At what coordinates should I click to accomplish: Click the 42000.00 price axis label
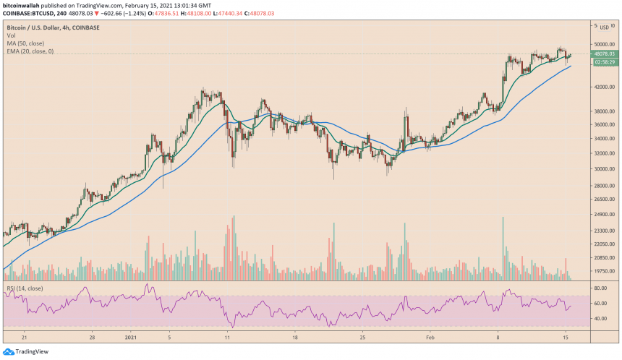coord(604,87)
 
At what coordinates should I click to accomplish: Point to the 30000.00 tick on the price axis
coord(604,169)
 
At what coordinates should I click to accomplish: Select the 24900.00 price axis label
coord(604,215)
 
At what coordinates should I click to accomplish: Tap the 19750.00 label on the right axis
coord(604,271)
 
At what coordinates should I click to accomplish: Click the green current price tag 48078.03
coord(604,53)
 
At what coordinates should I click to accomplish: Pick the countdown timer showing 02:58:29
coord(604,62)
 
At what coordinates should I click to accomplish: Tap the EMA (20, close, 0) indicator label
coord(30,52)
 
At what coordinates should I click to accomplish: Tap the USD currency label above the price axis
coord(604,27)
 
